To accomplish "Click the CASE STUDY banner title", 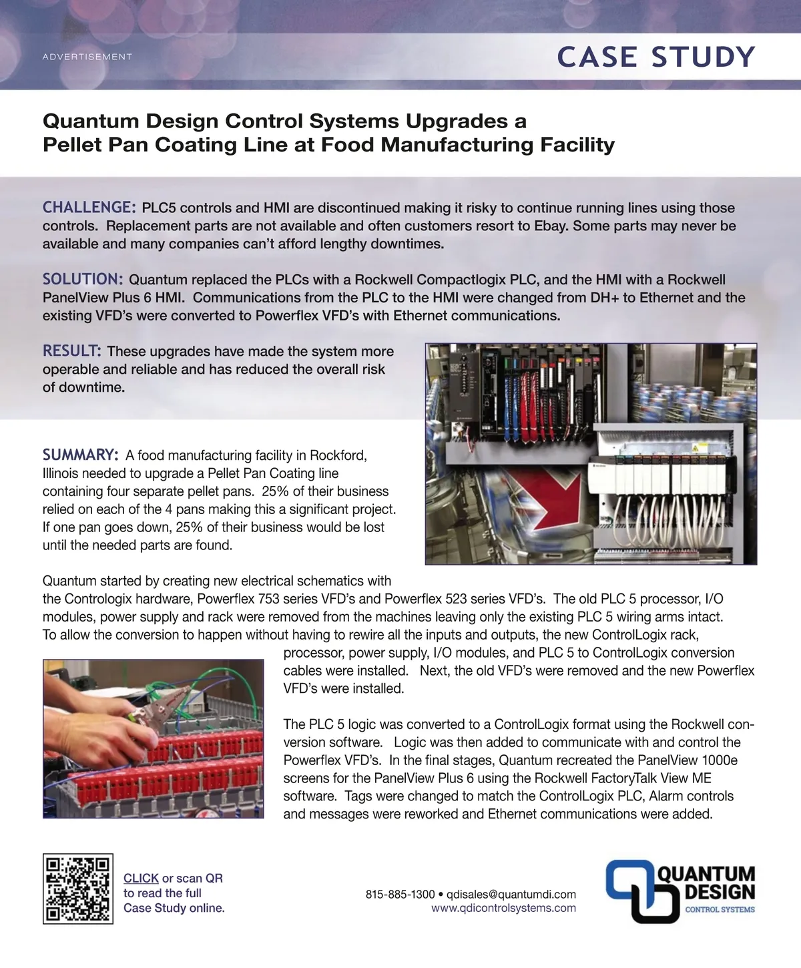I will tap(655, 57).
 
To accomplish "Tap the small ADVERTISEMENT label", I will tap(87, 57).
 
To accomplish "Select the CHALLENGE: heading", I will tap(89, 207).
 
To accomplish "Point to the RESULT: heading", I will tap(72, 350).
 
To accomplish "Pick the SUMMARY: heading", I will tap(81, 455).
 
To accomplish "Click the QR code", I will tap(78, 889).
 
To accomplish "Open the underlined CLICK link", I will tap(141, 878).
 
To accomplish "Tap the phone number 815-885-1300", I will tap(400, 894).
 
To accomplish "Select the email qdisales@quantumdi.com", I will tap(511, 894).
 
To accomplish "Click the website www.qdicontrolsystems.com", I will tap(503, 908).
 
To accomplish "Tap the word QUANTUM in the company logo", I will tap(707, 874).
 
